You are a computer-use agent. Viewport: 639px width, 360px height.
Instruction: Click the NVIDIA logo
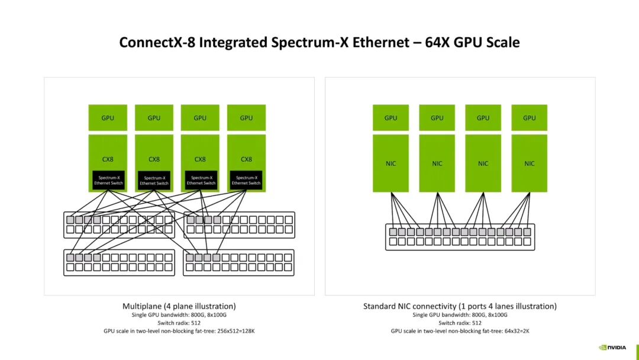pos(612,348)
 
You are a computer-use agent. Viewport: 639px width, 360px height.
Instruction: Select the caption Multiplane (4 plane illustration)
pos(179,306)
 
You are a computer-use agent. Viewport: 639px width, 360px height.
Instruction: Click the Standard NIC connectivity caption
pos(460,306)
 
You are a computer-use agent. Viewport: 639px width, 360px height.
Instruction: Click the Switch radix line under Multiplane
pos(179,323)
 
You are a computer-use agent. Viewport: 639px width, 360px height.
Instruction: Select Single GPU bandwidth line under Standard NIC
pos(460,315)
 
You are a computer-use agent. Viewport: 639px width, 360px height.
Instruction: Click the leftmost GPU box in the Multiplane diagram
pos(108,118)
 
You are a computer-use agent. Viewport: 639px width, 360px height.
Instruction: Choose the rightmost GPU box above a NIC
pos(530,118)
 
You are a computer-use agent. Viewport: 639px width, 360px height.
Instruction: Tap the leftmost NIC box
pos(390,163)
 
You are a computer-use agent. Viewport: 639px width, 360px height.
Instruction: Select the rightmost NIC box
pos(530,163)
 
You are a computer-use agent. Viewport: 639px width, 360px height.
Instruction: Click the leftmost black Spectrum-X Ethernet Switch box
pos(108,180)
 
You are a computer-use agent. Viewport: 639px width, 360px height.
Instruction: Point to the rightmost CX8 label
pos(246,159)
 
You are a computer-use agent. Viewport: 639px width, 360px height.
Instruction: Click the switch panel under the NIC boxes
pos(460,237)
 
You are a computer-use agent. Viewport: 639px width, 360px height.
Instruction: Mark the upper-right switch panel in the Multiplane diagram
pos(239,225)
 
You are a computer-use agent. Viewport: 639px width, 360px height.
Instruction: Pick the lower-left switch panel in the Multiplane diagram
pos(119,262)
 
